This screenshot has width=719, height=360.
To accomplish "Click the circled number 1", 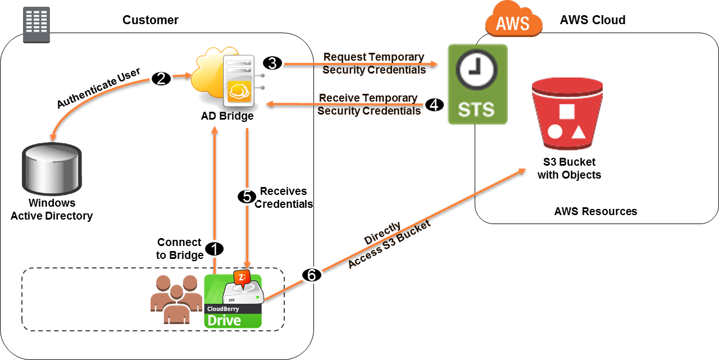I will [214, 248].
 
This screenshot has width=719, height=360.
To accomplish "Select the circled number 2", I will [161, 79].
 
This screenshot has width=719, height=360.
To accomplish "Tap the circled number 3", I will [272, 63].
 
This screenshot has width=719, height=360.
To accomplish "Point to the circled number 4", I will [434, 104].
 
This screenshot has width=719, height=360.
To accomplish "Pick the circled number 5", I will [247, 196].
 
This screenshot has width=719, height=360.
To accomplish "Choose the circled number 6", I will [312, 275].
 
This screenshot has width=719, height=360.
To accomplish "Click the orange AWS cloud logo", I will [513, 21].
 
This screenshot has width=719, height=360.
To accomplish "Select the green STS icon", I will [477, 84].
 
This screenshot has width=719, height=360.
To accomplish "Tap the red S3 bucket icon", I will [567, 114].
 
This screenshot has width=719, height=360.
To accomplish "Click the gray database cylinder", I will [52, 169].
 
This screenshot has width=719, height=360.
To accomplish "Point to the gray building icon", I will [37, 25].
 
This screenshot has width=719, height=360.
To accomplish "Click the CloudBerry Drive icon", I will [233, 301].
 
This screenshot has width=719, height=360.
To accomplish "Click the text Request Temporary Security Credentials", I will [374, 63].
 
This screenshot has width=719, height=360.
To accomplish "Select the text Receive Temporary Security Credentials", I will [368, 104].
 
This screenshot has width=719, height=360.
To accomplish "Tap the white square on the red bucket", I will [567, 111].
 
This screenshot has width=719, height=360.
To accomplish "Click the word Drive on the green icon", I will [224, 320].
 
